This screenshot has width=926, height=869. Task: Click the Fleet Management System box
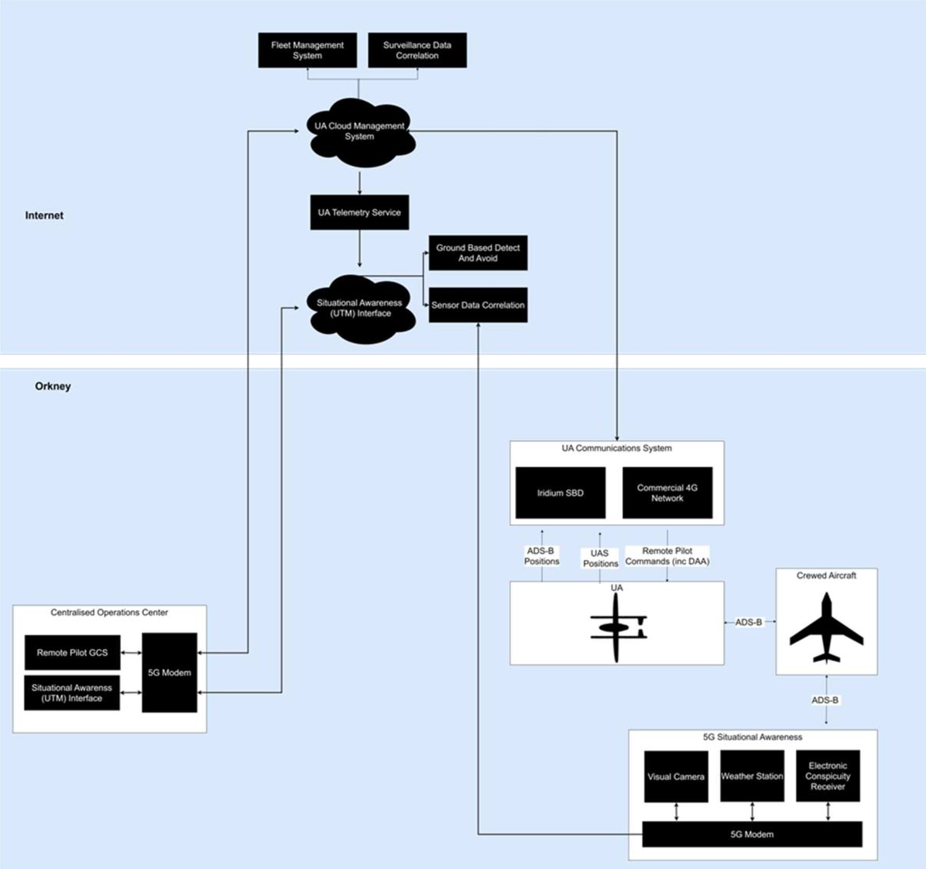[x=307, y=50]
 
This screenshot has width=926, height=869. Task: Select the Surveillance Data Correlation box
[x=417, y=50]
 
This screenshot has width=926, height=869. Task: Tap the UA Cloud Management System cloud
[x=360, y=132]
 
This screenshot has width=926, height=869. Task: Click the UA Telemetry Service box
[x=359, y=213]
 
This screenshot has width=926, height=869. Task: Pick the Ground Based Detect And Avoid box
[x=478, y=253]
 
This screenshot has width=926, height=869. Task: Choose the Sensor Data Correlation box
[x=478, y=305]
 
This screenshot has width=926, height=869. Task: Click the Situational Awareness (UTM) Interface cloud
[x=360, y=308]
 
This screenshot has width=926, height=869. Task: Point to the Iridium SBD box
[x=561, y=493]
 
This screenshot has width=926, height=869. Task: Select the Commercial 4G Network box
[x=667, y=493]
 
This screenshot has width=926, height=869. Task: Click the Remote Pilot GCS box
[x=73, y=653]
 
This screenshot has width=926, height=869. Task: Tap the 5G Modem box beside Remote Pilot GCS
[x=170, y=672]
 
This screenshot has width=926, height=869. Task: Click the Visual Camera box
[x=676, y=776]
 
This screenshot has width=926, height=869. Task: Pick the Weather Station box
[x=752, y=776]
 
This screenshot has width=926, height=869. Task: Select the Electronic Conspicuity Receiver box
[x=828, y=776]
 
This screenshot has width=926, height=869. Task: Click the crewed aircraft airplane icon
[x=826, y=629]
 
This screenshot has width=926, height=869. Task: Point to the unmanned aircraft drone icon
[x=617, y=627]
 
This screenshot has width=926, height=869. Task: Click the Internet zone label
[x=44, y=215]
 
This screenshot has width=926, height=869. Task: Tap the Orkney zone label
[x=53, y=386]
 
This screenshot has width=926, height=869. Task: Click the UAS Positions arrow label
[x=600, y=558]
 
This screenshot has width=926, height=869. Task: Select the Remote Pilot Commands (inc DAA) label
[x=667, y=556]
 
